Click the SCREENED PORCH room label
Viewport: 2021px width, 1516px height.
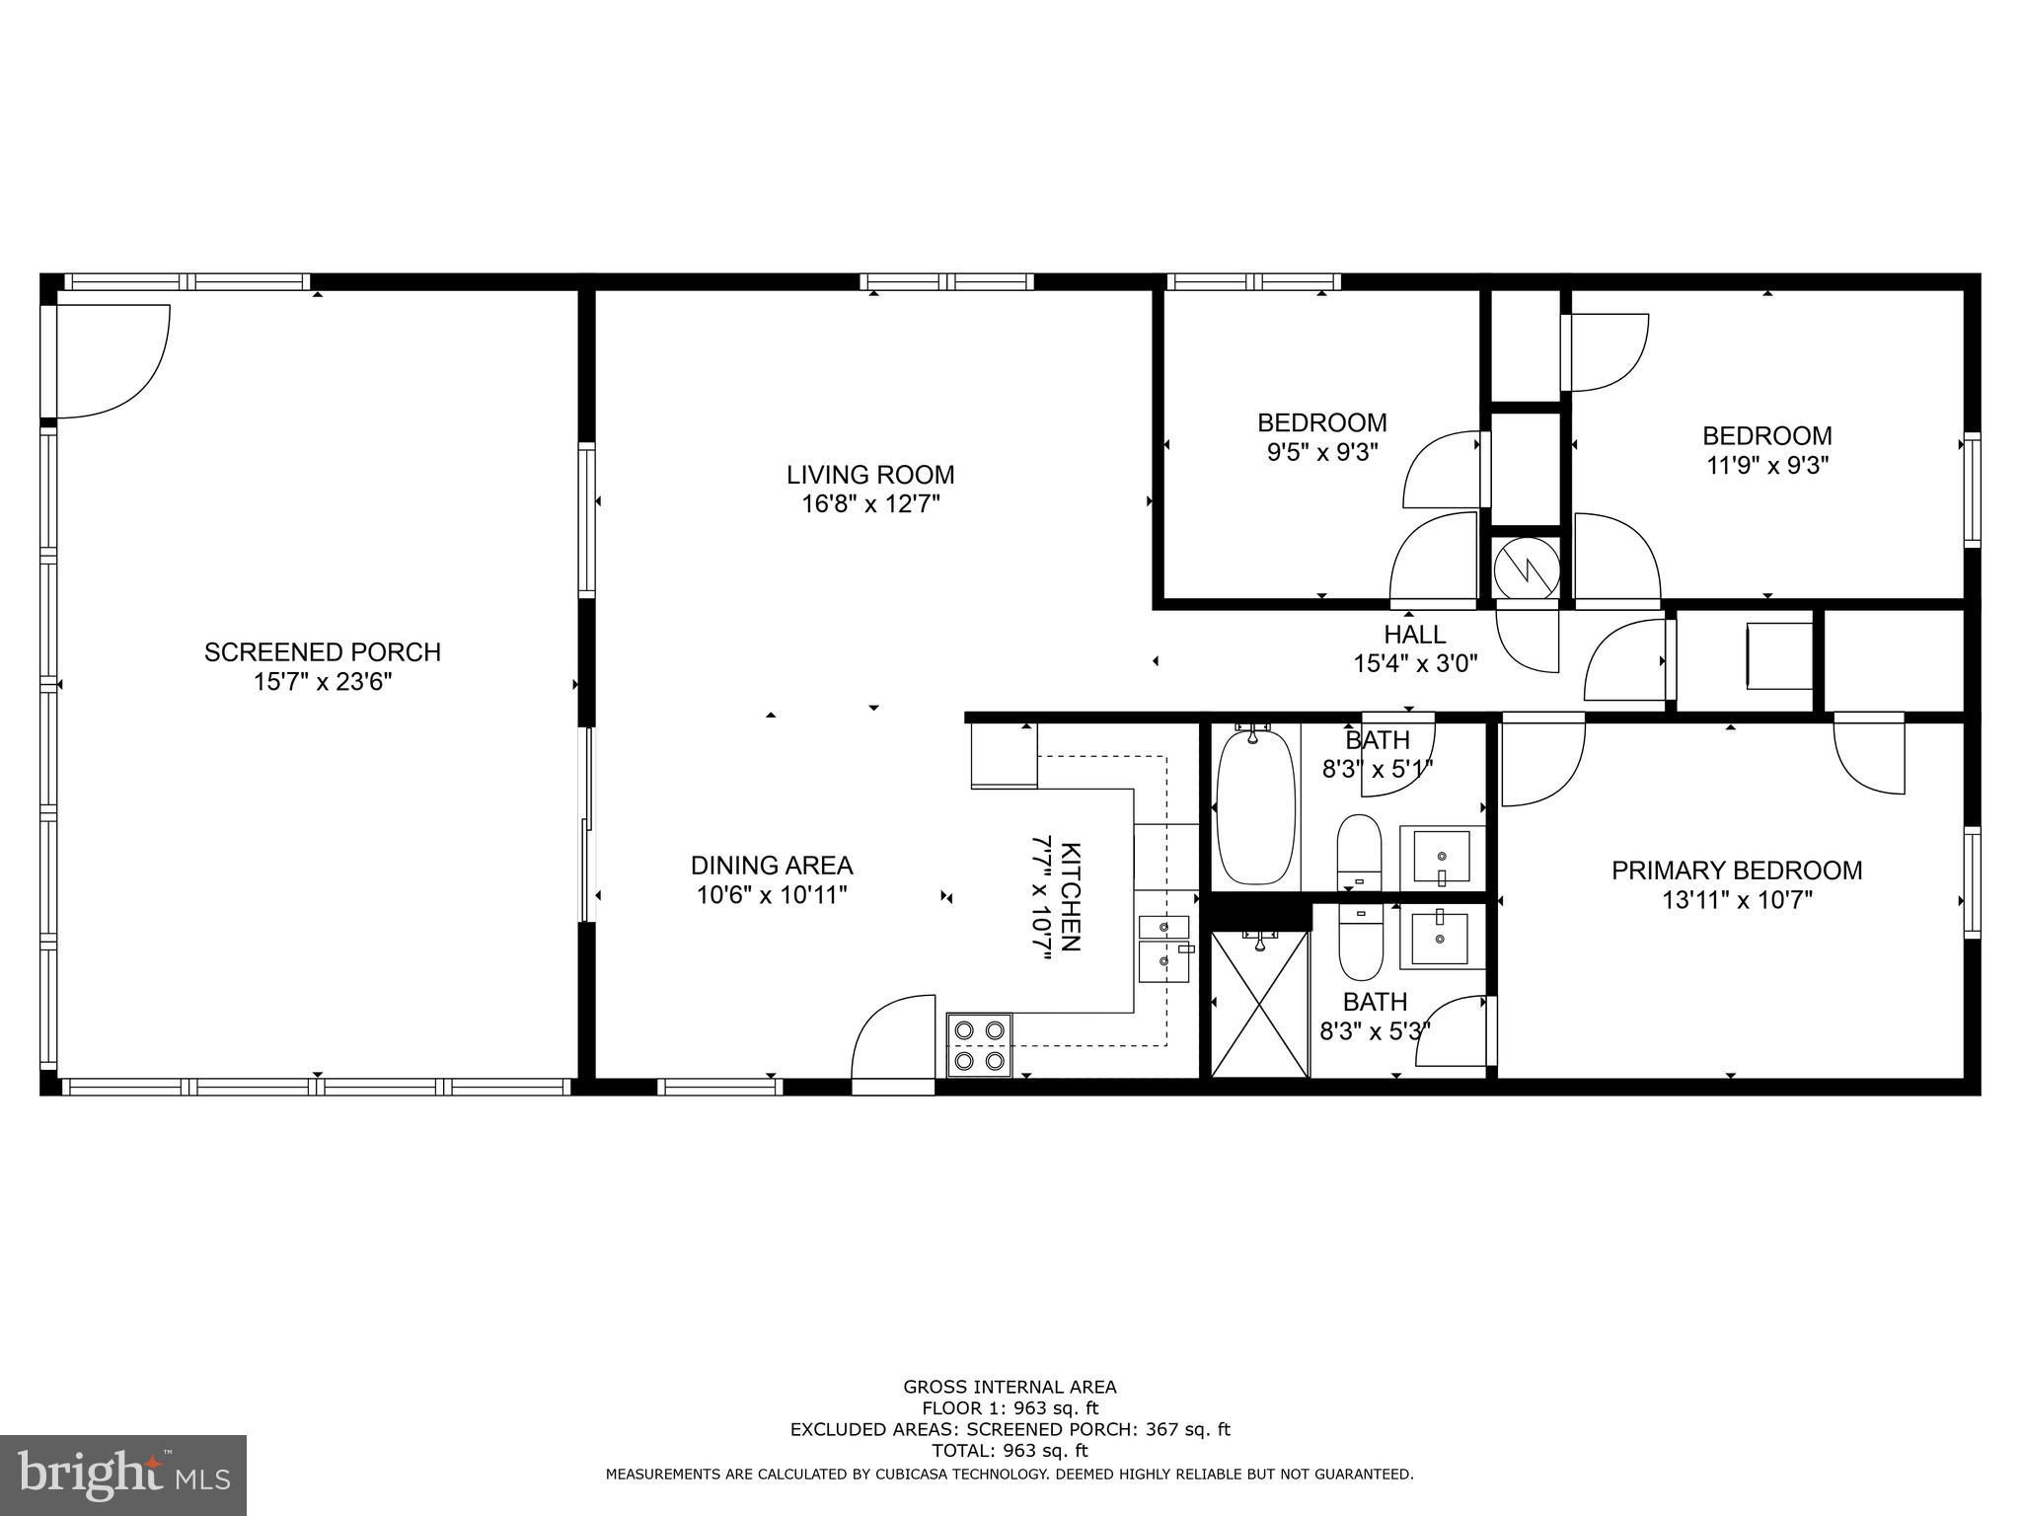click(x=322, y=652)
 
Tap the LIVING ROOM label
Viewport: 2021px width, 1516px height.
click(x=869, y=475)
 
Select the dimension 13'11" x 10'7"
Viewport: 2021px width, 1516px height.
click(x=1737, y=900)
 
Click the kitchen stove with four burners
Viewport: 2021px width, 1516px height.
click(x=979, y=1045)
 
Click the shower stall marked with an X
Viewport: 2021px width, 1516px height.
click(x=1259, y=1005)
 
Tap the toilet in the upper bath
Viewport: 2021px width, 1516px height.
click(x=1359, y=852)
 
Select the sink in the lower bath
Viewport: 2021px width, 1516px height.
click(x=1440, y=937)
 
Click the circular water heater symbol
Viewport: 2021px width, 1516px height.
click(x=1525, y=568)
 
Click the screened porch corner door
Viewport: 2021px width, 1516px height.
click(x=111, y=360)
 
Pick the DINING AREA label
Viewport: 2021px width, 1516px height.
click(x=771, y=866)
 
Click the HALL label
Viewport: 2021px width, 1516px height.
click(x=1414, y=635)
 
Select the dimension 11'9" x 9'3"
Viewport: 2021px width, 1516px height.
click(x=1767, y=465)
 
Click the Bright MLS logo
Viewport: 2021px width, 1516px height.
click(x=123, y=1477)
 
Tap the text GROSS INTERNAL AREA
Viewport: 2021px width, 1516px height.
click(x=1010, y=1387)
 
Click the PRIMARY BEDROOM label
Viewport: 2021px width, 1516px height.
click(x=1737, y=871)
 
